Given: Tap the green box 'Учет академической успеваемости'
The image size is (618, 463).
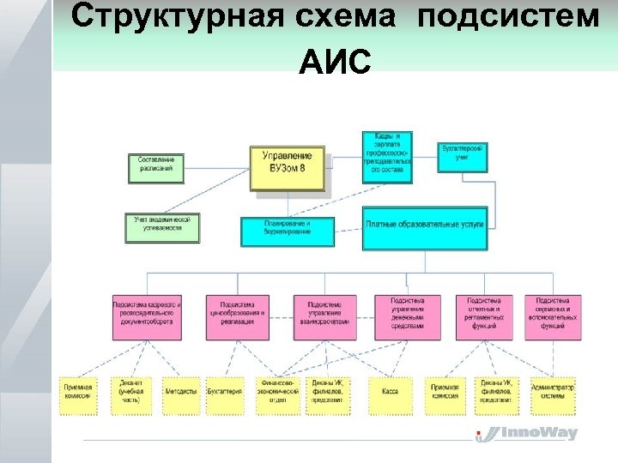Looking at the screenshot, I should pos(161,224).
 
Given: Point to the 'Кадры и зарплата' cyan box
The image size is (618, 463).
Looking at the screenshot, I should pos(387,157).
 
